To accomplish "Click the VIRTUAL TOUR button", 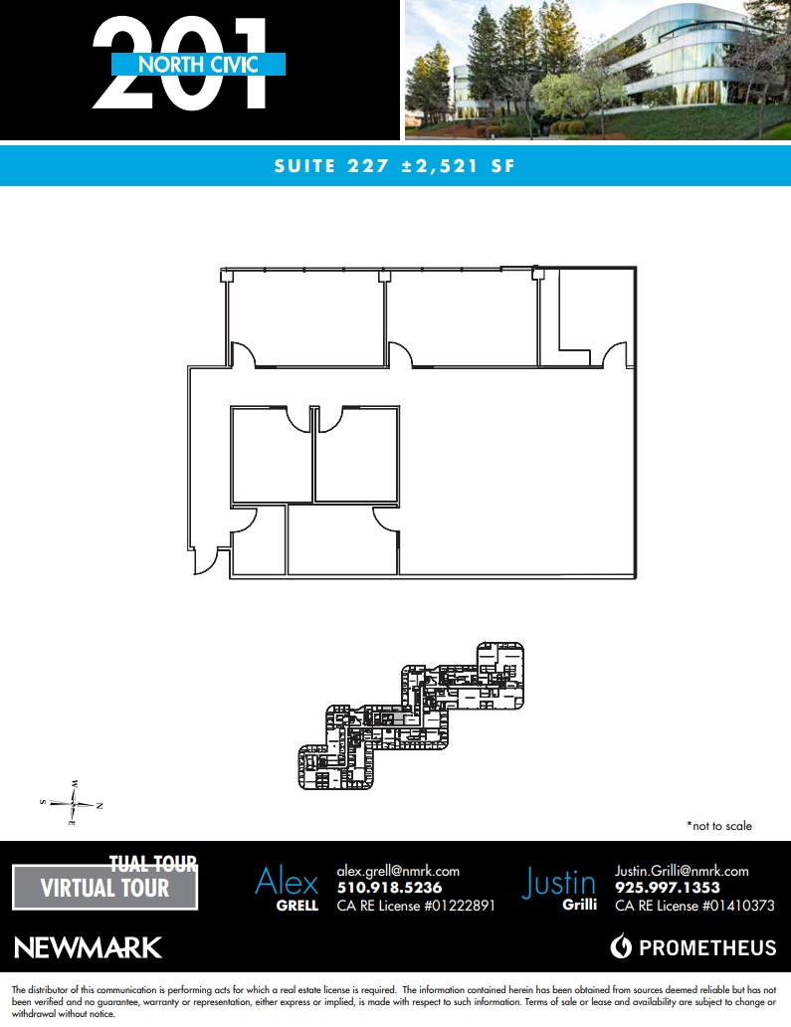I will (x=104, y=887).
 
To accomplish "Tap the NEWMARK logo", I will (x=89, y=946).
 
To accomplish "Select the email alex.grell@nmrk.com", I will (x=398, y=871).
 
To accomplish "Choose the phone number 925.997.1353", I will (x=667, y=888).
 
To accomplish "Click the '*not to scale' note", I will (x=718, y=826).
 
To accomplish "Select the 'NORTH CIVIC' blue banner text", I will (x=199, y=65).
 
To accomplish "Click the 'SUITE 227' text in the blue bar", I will (x=329, y=166).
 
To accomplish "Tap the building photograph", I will (x=597, y=70).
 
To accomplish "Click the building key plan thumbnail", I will (x=412, y=717).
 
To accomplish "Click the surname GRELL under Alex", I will (x=297, y=906).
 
